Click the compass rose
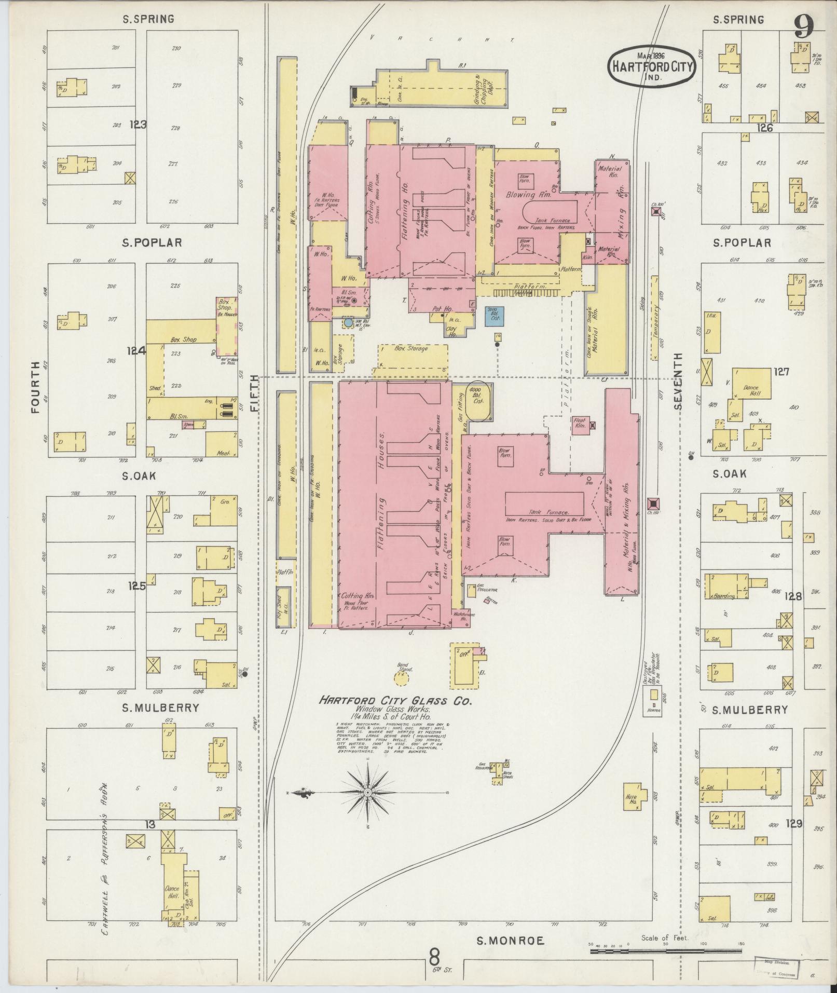[367, 793]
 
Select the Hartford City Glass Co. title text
[395, 701]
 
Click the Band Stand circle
[404, 676]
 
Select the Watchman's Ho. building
[461, 616]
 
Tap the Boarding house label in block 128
[724, 596]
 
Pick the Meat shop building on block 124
[222, 444]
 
